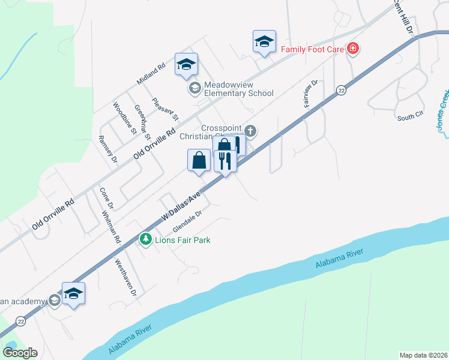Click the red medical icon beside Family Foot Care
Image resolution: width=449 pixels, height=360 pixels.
pos(353,48)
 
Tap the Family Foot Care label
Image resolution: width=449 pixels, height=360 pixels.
pos(312,48)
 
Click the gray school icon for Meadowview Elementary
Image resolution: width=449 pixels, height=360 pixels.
pos(194,89)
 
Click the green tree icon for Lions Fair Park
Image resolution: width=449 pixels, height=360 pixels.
pos(145,239)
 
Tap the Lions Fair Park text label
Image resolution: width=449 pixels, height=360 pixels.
pos(178,239)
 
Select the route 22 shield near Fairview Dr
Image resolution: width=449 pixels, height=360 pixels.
pos(341,90)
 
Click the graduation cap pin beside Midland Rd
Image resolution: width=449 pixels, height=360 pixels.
pos(186,64)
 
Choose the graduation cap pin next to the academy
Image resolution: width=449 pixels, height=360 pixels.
pos(73,293)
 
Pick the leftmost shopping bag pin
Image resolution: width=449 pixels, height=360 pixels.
pos(199,160)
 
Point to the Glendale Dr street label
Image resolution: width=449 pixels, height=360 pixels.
pos(189,221)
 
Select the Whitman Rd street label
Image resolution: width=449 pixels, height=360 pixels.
pos(112,226)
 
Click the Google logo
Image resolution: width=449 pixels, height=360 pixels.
pos(20,353)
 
